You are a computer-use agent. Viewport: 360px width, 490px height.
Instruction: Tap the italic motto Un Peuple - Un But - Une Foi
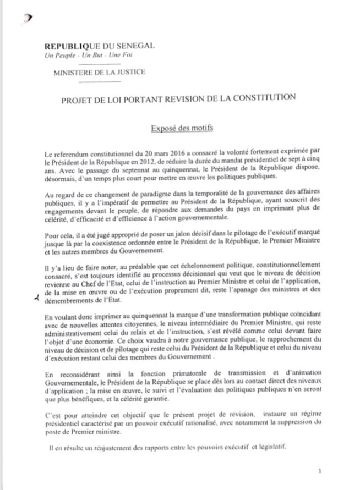(81, 55)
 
